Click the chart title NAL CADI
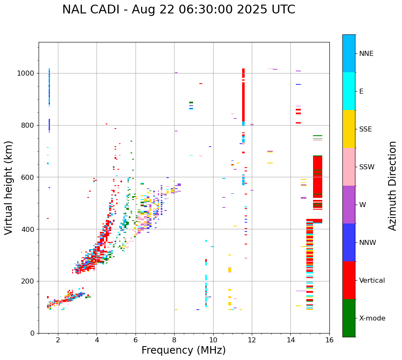(178, 10)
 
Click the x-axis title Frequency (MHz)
(183, 350)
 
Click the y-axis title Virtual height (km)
(9, 188)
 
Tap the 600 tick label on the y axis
(28, 177)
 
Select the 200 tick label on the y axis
(28, 281)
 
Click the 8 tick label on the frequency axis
(174, 340)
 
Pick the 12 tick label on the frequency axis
(252, 340)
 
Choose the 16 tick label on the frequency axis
(329, 340)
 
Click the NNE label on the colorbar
(366, 54)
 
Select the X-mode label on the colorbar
(372, 318)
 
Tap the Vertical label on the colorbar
(372, 281)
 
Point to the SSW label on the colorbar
(367, 167)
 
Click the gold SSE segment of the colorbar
(349, 129)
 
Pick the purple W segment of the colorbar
(349, 205)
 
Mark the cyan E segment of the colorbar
(349, 91)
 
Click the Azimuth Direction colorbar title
(392, 186)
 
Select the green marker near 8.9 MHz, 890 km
(191, 102)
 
